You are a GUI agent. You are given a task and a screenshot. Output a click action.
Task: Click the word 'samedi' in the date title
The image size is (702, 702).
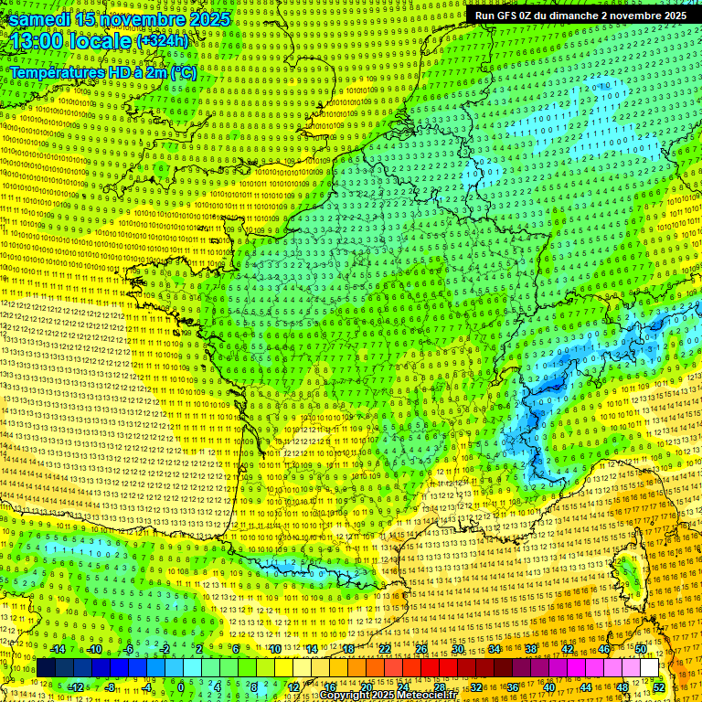pos(40,19)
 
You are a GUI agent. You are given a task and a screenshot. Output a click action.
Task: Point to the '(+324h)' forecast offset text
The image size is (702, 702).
pos(162,41)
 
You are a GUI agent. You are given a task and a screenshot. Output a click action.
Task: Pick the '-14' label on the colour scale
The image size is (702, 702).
pos(57,649)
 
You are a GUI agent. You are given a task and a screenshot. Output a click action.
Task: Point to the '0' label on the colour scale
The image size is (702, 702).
pos(180,686)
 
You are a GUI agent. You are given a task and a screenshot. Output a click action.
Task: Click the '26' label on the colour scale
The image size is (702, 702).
pos(421,649)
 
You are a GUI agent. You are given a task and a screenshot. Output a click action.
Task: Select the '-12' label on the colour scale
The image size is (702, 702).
pos(75,686)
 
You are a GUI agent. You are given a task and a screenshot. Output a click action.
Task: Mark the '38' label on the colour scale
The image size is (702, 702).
pos(530,649)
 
